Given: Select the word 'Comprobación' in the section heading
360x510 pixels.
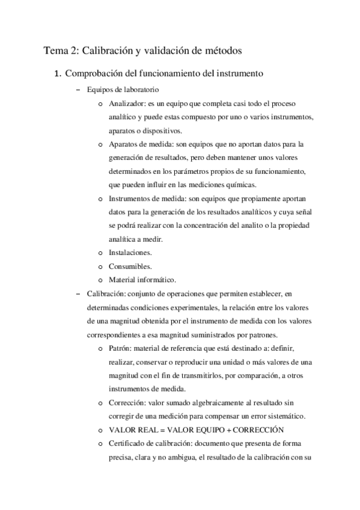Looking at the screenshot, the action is [x=96, y=75].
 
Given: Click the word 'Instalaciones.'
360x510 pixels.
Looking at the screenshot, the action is [x=130, y=253].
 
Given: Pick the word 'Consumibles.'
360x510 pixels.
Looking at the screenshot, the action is [x=129, y=266].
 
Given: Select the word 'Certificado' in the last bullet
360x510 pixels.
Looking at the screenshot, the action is [x=129, y=443].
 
